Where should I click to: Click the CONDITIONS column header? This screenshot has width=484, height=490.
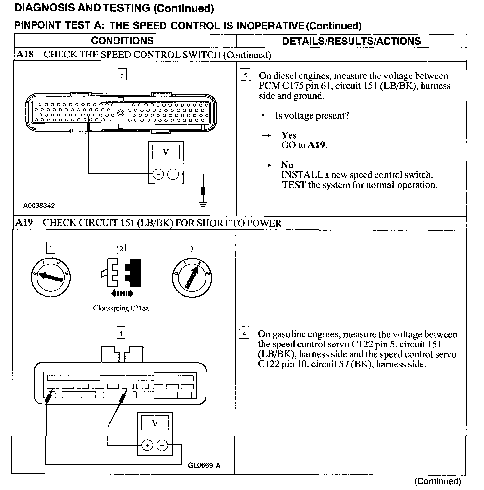click(122, 41)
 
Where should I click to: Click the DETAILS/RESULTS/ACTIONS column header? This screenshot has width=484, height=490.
click(351, 41)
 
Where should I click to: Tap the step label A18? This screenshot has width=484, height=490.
click(25, 54)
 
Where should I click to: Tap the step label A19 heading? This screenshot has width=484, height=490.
click(25, 223)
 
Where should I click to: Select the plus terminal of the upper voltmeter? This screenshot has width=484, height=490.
click(158, 174)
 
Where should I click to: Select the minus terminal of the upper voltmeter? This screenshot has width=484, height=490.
click(173, 174)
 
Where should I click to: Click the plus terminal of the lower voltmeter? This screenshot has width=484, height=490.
click(147, 446)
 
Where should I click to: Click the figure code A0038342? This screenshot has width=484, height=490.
click(39, 206)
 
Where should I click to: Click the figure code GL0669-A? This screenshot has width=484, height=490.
click(204, 465)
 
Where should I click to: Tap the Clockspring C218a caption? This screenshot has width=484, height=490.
click(121, 308)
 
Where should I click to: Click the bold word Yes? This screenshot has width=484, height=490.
click(289, 135)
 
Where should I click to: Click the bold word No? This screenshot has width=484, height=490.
click(287, 165)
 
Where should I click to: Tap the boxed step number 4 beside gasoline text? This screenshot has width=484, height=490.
click(244, 334)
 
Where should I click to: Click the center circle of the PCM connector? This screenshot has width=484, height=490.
click(121, 113)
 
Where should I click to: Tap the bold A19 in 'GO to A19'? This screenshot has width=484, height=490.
click(317, 145)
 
